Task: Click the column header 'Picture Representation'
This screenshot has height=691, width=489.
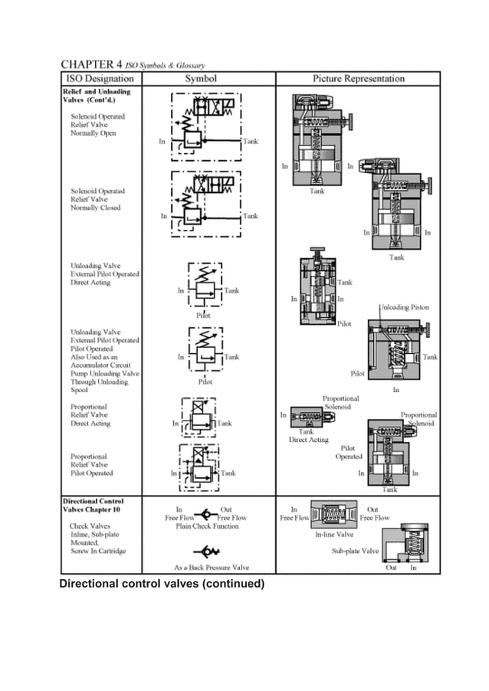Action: (358, 78)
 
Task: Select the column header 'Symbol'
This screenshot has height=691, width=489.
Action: (201, 78)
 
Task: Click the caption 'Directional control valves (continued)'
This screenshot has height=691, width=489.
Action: (162, 585)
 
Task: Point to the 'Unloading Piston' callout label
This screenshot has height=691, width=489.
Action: (404, 307)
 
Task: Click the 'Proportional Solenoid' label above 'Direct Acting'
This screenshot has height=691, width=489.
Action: (340, 404)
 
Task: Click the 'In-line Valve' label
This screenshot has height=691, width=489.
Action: (334, 535)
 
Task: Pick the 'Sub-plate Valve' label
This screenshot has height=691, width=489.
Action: (355, 551)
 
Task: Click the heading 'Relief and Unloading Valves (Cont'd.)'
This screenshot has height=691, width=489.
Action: (97, 95)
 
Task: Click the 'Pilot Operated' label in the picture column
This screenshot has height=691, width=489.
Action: (348, 452)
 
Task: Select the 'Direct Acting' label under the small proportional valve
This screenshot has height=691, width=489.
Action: (308, 440)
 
